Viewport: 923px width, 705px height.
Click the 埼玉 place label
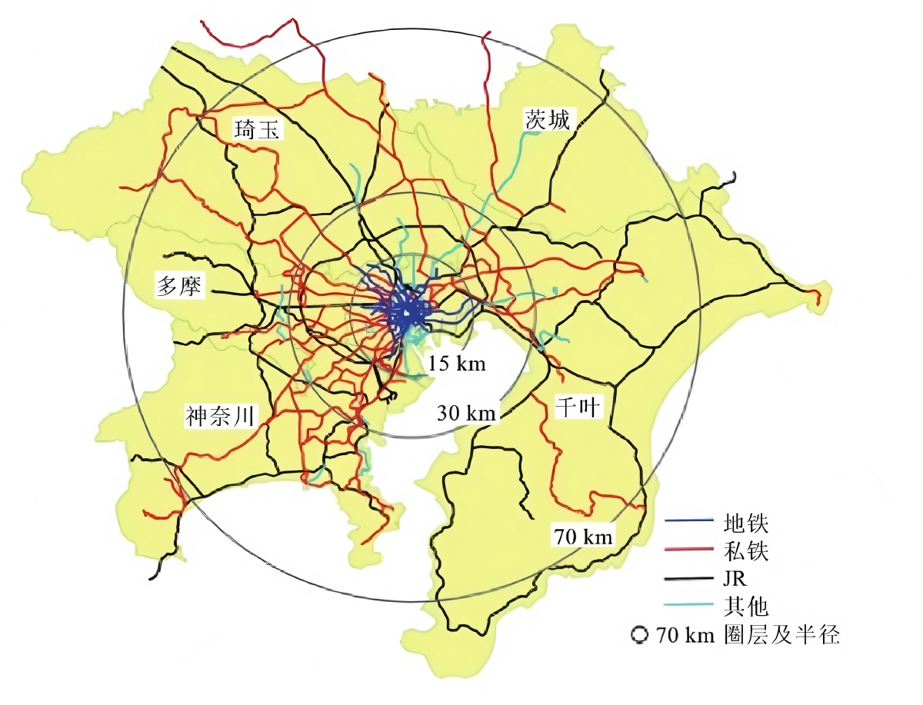pyautogui.click(x=259, y=130)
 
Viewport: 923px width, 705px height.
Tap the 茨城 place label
pyautogui.click(x=548, y=119)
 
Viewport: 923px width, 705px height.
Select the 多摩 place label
pyautogui.click(x=179, y=286)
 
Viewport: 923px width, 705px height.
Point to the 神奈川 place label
pyautogui.click(x=221, y=416)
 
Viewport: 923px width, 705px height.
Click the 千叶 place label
pyautogui.click(x=578, y=407)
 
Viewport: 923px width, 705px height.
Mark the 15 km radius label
pyautogui.click(x=458, y=363)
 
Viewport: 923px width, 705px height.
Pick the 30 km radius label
pyautogui.click(x=466, y=413)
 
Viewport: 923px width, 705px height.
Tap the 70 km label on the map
pyautogui.click(x=583, y=537)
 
